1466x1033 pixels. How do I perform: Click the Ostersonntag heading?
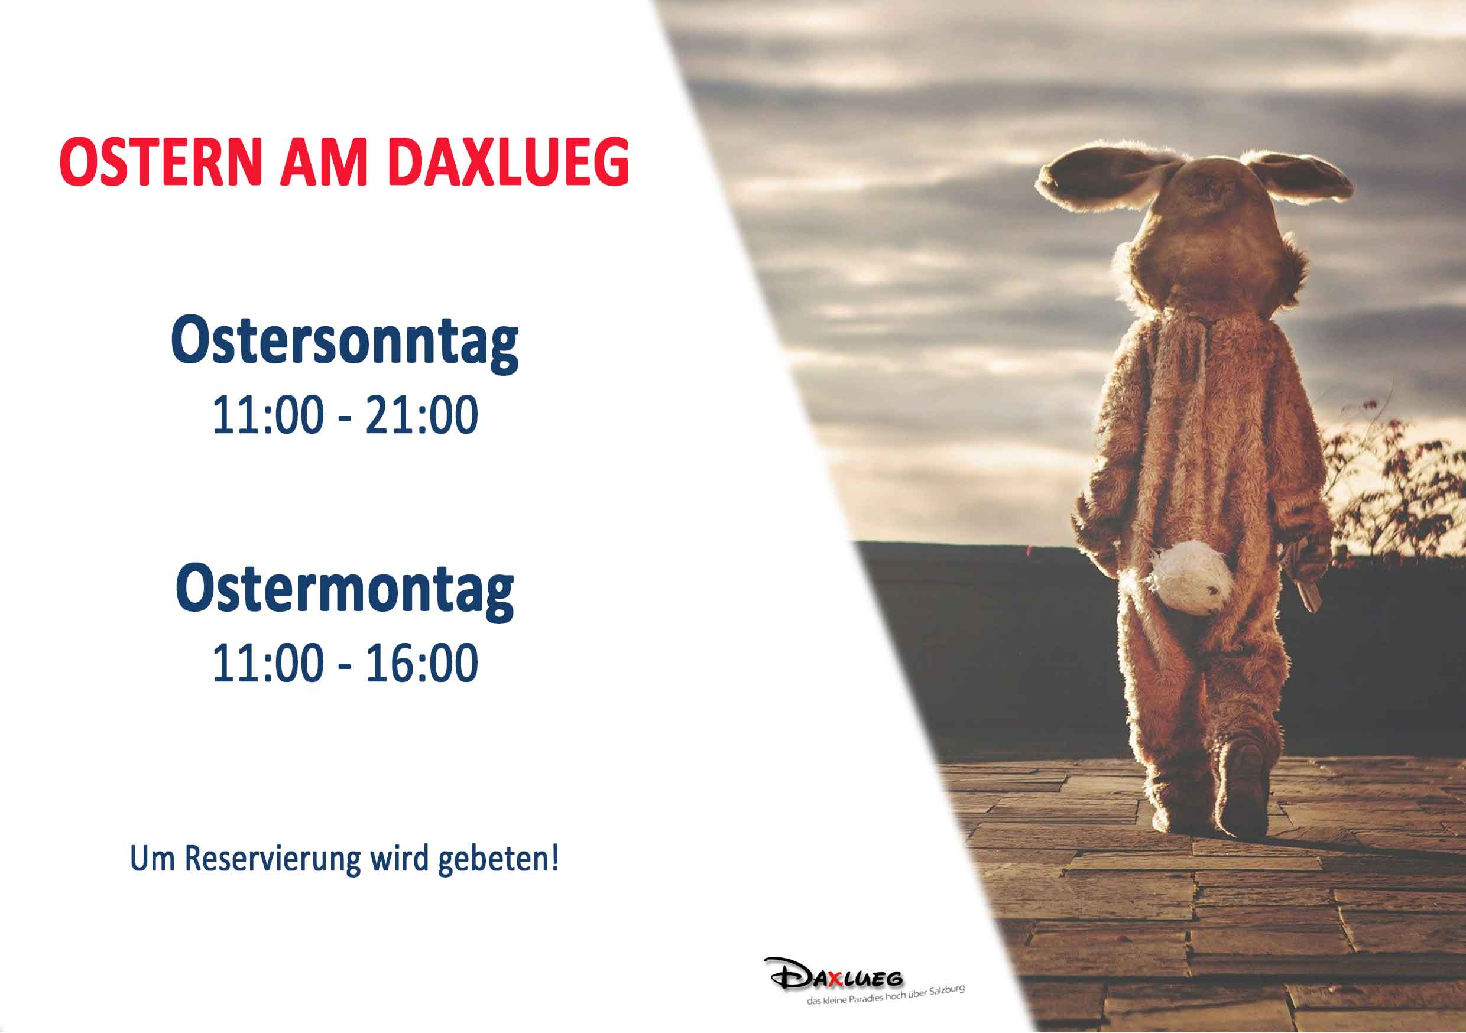coord(345,342)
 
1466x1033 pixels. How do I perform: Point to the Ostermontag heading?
coord(345,590)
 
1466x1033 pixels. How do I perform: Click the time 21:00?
coord(421,415)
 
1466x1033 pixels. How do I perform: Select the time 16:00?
coord(421,662)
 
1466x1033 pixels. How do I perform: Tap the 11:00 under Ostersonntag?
coord(268,415)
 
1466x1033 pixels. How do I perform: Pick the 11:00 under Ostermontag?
coord(268,662)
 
